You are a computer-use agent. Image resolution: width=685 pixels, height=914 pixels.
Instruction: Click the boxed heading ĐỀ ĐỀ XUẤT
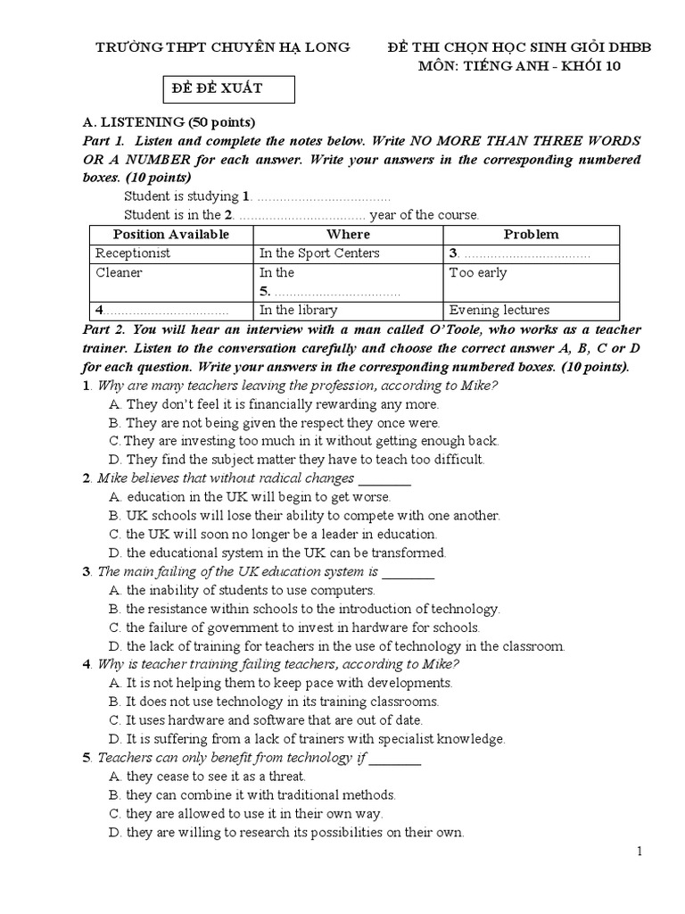[x=218, y=88]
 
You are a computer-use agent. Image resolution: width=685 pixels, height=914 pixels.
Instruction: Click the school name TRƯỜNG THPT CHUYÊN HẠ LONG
[x=223, y=46]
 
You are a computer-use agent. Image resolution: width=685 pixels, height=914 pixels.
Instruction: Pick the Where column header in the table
[x=348, y=234]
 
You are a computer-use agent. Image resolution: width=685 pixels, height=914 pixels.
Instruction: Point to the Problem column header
[x=531, y=234]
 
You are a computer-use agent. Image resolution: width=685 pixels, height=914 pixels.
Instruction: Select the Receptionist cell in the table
[x=133, y=253]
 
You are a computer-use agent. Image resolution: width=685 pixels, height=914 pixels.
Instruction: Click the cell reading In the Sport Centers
[x=319, y=253]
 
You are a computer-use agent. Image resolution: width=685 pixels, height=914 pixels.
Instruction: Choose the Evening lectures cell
[x=499, y=311]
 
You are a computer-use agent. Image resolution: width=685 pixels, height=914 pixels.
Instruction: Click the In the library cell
[x=298, y=311]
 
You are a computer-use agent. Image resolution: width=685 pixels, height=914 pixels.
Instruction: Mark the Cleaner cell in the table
[x=119, y=273]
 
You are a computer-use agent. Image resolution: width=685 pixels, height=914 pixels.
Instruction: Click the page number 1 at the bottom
[x=640, y=852]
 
